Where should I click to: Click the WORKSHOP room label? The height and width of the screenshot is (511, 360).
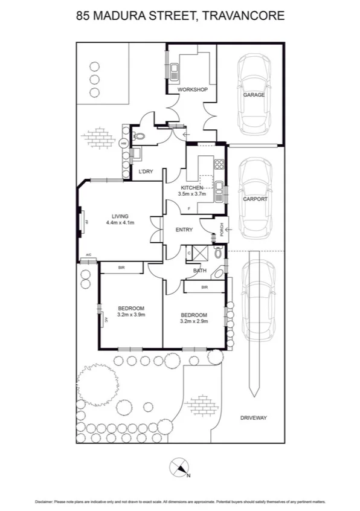(192, 90)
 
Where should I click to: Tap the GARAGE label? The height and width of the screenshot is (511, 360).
(254, 95)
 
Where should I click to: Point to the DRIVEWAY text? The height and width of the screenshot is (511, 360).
(253, 418)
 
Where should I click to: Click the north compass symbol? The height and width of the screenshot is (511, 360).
(179, 467)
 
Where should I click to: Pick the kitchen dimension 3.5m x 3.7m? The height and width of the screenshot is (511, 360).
(193, 194)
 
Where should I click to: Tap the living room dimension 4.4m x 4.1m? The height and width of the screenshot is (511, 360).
(120, 223)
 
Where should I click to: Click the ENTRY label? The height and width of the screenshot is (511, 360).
(184, 230)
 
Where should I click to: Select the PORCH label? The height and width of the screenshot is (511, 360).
(222, 229)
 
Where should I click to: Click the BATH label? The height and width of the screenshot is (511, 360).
(200, 271)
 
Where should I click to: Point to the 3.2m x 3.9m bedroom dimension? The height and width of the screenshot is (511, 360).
(131, 315)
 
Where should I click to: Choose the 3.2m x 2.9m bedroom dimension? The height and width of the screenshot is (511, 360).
(194, 321)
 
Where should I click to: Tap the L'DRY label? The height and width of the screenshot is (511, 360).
(146, 172)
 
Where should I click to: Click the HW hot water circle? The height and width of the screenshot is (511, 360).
(123, 144)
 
